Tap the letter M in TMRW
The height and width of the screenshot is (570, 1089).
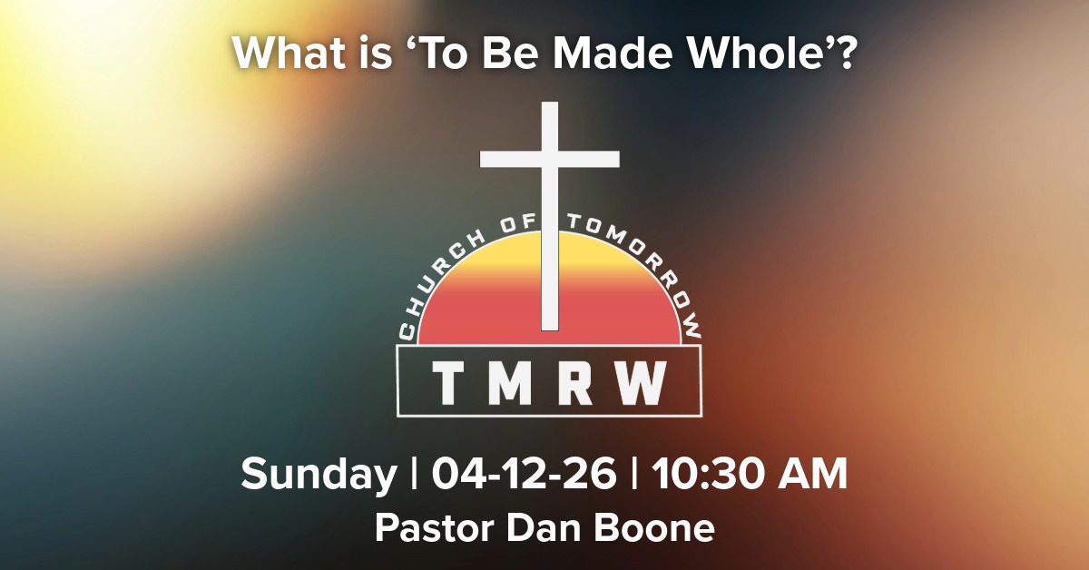[x=515, y=384]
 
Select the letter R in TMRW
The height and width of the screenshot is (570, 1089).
[x=581, y=384]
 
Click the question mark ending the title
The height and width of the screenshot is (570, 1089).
[x=846, y=56]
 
